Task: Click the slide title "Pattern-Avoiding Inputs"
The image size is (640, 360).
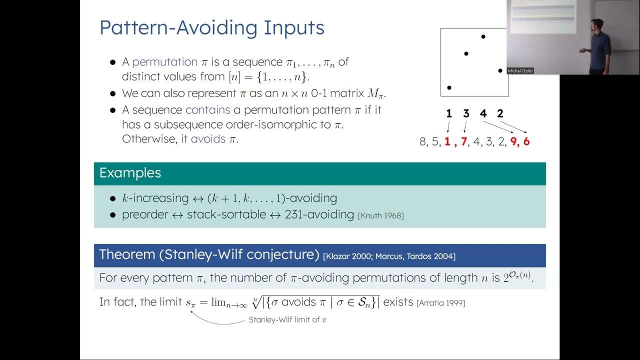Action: tap(212, 27)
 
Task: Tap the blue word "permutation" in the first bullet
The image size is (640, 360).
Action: tap(165, 62)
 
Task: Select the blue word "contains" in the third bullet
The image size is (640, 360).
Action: tap(207, 109)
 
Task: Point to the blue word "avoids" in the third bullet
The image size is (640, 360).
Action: tap(208, 139)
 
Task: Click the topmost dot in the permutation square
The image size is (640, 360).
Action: tap(483, 36)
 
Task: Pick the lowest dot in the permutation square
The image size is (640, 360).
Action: tap(449, 87)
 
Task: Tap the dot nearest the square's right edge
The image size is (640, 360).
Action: tap(500, 70)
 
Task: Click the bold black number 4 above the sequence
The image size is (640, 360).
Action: tap(483, 114)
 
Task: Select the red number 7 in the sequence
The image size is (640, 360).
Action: tap(463, 142)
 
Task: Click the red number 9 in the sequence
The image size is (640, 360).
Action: tap(513, 142)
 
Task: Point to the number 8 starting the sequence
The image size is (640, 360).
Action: tap(423, 142)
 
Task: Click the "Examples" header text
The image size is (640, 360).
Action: tap(130, 173)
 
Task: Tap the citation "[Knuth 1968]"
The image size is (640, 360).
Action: tap(380, 215)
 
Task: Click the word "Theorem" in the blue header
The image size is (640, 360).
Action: tap(127, 254)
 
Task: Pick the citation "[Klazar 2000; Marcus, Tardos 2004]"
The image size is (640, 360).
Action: tap(389, 256)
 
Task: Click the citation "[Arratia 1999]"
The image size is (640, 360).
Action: tap(440, 303)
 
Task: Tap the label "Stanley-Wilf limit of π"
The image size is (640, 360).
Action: tap(287, 320)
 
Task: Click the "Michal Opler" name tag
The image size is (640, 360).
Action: tap(520, 71)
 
